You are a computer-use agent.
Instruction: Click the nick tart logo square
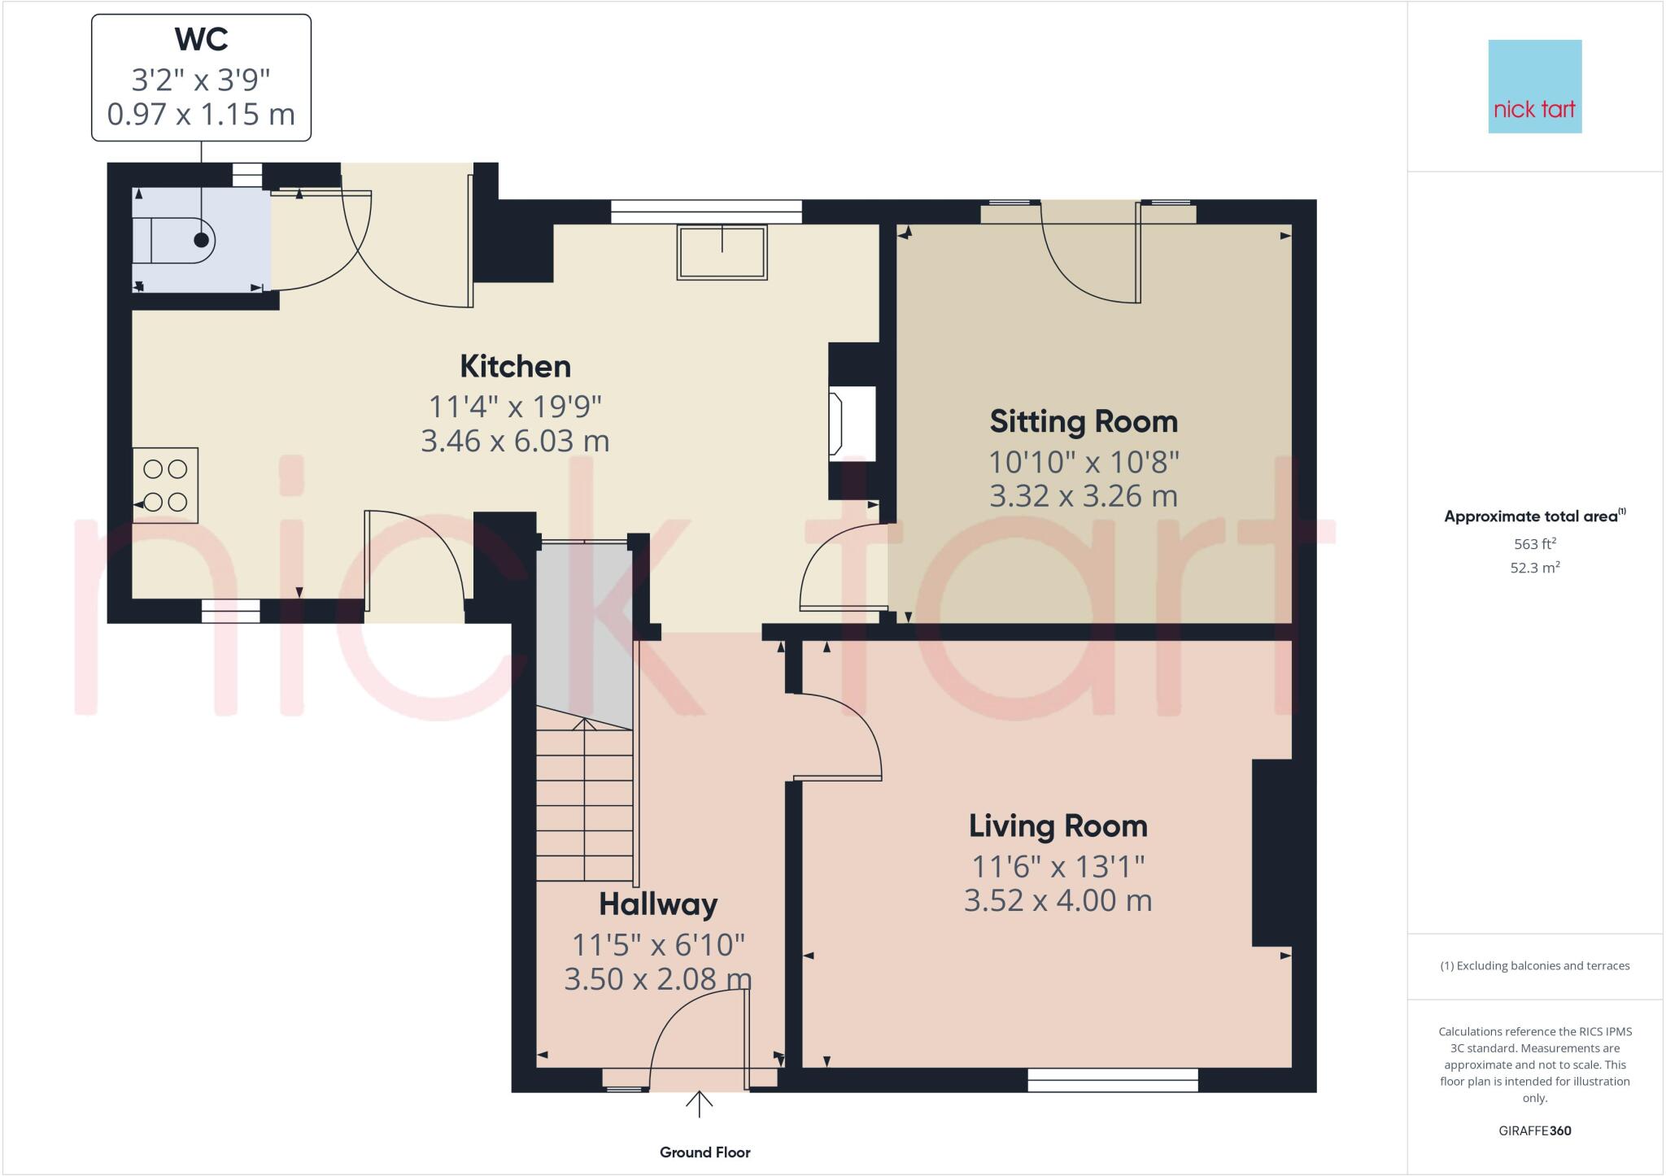pos(1534,86)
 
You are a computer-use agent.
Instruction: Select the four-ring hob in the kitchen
pos(166,485)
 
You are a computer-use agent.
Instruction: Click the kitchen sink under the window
pos(722,253)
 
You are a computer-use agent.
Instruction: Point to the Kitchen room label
pos(515,367)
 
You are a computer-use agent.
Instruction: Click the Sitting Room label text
pos(1083,422)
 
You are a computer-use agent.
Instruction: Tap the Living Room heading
pos(1058,826)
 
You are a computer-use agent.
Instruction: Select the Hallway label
pos(658,904)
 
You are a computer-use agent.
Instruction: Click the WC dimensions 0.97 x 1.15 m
pos(201,114)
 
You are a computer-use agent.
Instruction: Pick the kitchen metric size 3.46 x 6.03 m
pos(515,441)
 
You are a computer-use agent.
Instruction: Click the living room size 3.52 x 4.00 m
pos(1058,901)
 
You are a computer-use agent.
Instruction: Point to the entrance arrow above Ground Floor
pos(699,1104)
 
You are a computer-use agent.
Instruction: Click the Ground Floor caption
pos(704,1152)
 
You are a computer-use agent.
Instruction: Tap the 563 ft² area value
pos(1534,544)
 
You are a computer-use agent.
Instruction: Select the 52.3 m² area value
pos(1534,568)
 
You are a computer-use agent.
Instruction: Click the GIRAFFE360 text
pos(1534,1130)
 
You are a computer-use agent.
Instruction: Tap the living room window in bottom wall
pos(1112,1079)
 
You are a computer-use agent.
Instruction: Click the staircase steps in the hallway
pos(584,805)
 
